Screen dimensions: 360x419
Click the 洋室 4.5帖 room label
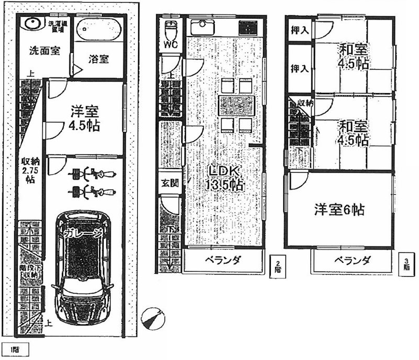84,119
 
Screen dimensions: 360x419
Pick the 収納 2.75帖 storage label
28,170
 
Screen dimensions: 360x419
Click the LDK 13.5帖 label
225,178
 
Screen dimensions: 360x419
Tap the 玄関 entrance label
168,183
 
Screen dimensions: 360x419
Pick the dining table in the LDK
236,105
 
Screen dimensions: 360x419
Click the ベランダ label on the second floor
223,261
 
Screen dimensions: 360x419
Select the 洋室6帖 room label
339,210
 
